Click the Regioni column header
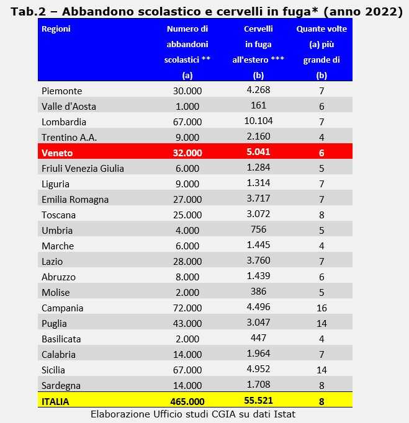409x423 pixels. click(55, 29)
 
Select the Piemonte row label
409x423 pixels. click(61, 91)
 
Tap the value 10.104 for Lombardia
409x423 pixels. click(258, 120)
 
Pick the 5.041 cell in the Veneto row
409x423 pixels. click(258, 152)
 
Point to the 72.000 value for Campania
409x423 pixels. click(187, 308)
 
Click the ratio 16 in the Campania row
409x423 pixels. click(321, 308)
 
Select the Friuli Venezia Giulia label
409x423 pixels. click(83, 169)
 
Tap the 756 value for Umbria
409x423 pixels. click(258, 229)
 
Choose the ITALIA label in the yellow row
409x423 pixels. click(55, 401)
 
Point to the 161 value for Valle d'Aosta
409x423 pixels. click(258, 105)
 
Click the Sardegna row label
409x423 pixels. click(61, 386)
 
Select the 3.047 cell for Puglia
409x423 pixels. click(258, 323)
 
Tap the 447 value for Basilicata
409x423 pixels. click(258, 338)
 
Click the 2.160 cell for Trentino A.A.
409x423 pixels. click(258, 136)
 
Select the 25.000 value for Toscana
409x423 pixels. click(187, 215)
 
